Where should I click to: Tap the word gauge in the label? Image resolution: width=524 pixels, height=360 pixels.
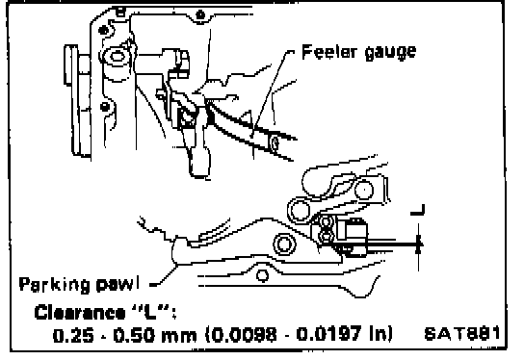(390, 53)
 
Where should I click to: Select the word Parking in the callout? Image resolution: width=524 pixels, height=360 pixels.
(54, 285)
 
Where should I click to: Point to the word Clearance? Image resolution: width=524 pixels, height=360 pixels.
(80, 313)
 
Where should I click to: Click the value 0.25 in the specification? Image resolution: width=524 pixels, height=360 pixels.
(73, 335)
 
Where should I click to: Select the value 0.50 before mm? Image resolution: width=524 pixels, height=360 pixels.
(134, 335)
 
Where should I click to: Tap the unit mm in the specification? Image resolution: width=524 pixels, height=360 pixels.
(179, 337)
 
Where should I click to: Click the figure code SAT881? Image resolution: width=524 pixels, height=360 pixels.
(462, 333)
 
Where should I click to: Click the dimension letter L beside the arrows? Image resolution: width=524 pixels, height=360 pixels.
(418, 210)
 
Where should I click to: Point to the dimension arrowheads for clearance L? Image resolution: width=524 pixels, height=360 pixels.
(418, 245)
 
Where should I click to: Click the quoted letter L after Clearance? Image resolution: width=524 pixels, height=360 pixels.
(150, 312)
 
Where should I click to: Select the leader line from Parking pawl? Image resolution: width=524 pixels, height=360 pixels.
(164, 276)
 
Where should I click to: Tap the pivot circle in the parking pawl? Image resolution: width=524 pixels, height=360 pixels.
(284, 244)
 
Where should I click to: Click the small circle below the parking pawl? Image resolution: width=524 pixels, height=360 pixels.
(262, 276)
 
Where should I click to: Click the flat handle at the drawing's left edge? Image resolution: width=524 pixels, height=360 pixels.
(77, 100)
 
